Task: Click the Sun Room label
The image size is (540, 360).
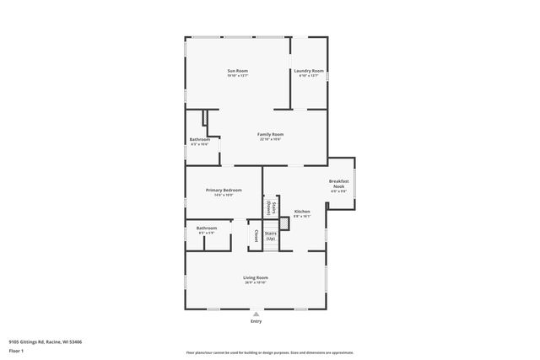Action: (237, 70)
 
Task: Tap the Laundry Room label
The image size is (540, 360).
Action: (309, 70)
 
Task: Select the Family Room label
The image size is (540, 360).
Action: (270, 134)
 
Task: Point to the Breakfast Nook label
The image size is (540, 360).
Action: (338, 184)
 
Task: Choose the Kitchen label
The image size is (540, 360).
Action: (302, 211)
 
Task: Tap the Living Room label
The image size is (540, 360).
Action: (256, 277)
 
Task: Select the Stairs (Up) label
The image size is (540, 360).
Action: (271, 236)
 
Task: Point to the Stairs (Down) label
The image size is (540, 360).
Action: (267, 207)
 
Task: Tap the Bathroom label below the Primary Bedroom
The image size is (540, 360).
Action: (207, 228)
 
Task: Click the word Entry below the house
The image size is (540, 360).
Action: (256, 321)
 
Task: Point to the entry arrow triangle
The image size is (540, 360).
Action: (256, 314)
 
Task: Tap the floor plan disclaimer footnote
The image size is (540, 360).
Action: (269, 352)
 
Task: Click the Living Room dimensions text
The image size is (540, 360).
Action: (256, 282)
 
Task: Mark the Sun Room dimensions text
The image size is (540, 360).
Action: (237, 76)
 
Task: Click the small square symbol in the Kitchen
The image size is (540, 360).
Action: (285, 224)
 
